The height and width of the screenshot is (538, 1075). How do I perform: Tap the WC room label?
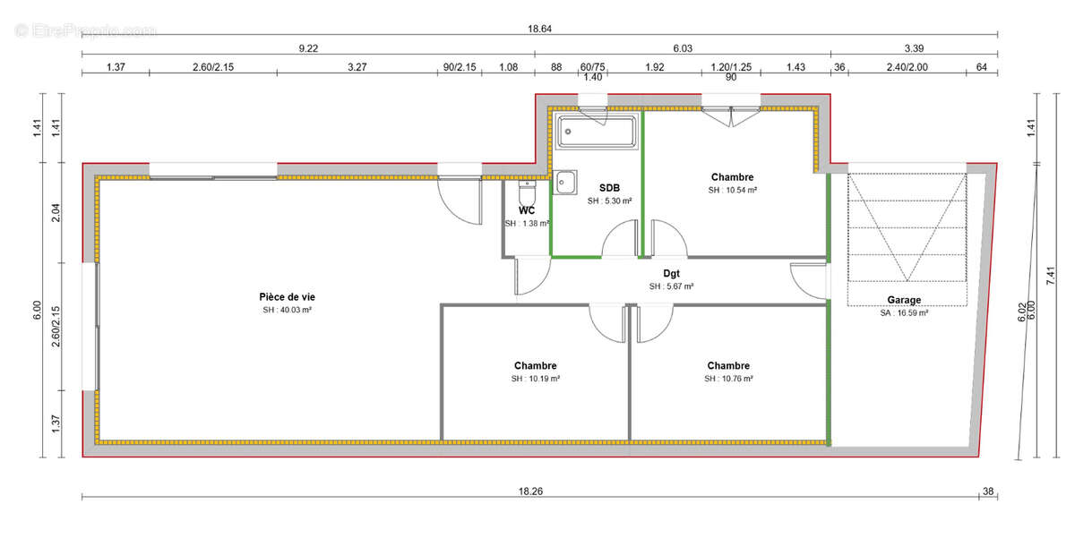click(527, 210)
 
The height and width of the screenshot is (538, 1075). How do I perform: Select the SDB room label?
click(609, 188)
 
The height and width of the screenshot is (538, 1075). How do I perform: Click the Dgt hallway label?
click(671, 274)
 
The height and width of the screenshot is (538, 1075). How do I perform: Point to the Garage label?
click(904, 300)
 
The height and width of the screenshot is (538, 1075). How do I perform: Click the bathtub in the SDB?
click(596, 132)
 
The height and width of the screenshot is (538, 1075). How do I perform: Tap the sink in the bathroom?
click(566, 183)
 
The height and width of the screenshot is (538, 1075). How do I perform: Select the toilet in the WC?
click(528, 191)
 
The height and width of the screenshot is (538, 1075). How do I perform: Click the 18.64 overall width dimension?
click(538, 29)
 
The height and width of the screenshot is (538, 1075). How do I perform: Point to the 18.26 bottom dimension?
click(531, 490)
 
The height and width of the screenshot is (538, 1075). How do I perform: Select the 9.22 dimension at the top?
click(307, 48)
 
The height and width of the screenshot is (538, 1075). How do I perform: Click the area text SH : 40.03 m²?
click(287, 310)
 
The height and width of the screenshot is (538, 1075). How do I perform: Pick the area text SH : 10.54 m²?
click(733, 190)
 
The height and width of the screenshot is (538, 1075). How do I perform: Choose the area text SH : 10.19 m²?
click(536, 379)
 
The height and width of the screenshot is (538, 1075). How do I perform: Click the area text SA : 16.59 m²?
click(904, 313)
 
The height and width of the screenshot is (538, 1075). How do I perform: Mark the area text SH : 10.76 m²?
click(728, 379)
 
